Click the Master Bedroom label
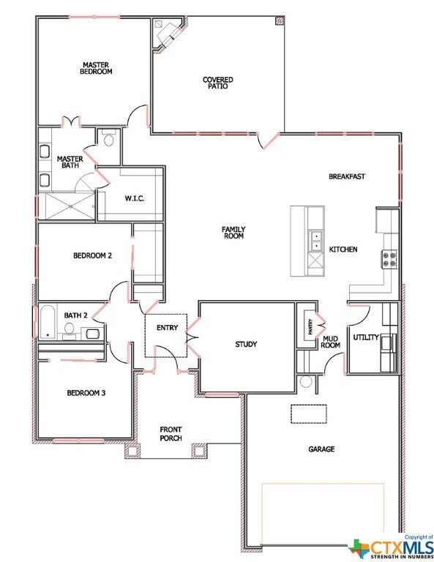[x=96, y=69]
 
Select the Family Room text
[x=233, y=233]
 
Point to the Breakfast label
[x=346, y=176]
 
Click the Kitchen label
[x=343, y=250]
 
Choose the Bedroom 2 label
[x=92, y=256]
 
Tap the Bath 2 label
[x=75, y=315]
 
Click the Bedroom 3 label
[x=86, y=393]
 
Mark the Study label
[x=246, y=344]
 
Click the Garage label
[x=320, y=449]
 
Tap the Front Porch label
[x=171, y=434]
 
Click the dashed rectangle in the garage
[x=309, y=413]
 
